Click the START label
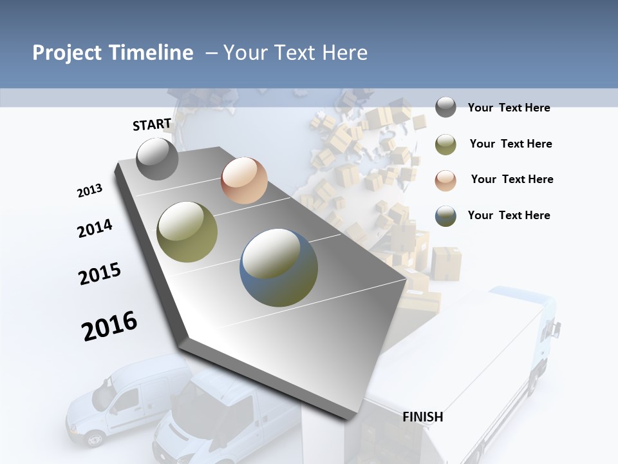(152, 124)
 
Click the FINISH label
(423, 417)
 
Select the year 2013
(89, 191)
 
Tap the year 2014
(95, 228)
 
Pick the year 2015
(100, 273)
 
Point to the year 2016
(109, 326)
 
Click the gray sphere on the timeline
(157, 159)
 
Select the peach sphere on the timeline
(244, 180)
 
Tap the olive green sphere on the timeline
(187, 232)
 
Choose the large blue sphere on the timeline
(279, 267)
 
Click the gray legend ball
(445, 108)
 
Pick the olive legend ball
(445, 144)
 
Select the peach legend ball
(445, 180)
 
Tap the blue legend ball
(445, 216)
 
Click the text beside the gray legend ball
(509, 108)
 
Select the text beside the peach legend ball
(512, 179)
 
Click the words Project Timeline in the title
(113, 53)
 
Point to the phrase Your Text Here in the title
(295, 53)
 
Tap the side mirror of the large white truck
(553, 328)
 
